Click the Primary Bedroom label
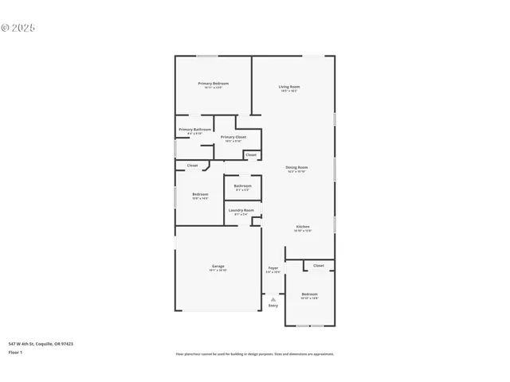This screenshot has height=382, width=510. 214,84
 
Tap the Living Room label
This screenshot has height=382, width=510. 289,87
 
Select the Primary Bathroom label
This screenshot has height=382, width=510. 194,129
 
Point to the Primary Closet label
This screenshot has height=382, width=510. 233,137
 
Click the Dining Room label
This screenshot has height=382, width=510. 296,167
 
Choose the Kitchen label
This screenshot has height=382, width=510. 303,226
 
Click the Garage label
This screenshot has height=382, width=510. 218,266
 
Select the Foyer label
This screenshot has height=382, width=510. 273,268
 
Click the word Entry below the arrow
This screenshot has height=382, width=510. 273,305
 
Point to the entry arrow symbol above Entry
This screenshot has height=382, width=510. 273,298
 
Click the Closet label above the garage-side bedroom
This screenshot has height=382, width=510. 193,165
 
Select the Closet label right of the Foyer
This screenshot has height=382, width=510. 319,265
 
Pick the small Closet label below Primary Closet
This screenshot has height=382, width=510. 251,154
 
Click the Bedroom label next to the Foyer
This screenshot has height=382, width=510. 309,294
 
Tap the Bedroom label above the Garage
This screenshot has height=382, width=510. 200,194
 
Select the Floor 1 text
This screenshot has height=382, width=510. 15,352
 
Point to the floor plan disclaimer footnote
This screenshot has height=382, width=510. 255,354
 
